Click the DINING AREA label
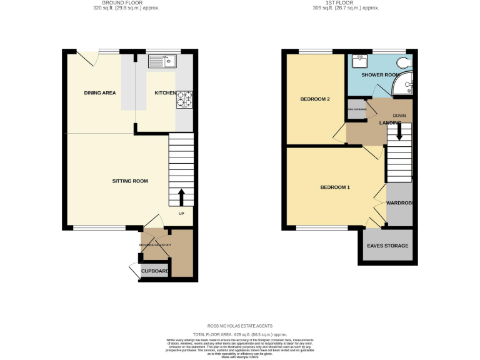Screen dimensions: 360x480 point(100,93)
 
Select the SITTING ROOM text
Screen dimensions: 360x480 point(129,181)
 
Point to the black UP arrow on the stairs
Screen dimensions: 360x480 point(182,197)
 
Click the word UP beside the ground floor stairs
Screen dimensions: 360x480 point(182,214)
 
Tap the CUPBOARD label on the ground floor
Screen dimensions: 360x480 point(154,271)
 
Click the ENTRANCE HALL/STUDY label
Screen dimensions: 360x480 point(154,244)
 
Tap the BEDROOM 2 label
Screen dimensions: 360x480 point(315,99)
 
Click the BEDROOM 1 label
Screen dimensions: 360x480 point(335,187)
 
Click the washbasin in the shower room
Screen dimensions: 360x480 point(360,61)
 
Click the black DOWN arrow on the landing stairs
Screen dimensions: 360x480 point(399,133)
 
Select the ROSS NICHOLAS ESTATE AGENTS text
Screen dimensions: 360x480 point(240,326)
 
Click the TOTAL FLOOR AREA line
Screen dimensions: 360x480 point(240,334)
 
